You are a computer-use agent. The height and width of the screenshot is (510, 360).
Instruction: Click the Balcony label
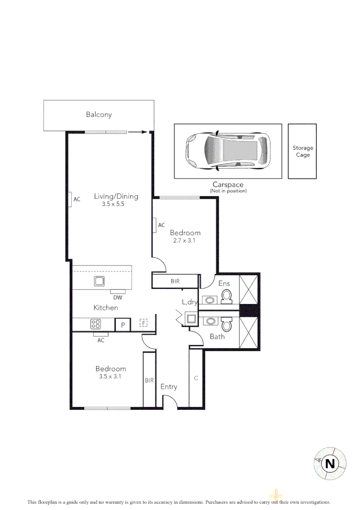click(99, 114)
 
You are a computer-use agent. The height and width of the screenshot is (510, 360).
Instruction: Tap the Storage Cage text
click(302, 152)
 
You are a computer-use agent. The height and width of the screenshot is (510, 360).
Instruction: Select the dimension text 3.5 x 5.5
click(112, 205)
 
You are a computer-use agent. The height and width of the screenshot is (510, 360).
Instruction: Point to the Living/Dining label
click(116, 196)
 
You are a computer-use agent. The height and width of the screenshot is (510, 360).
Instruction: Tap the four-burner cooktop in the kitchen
click(96, 324)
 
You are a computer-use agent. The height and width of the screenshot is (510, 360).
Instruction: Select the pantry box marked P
click(123, 324)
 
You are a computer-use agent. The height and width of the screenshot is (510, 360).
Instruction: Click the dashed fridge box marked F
click(144, 323)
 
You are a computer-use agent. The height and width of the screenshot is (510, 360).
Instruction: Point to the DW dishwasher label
click(118, 297)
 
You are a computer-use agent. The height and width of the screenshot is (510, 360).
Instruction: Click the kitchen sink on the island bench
click(99, 281)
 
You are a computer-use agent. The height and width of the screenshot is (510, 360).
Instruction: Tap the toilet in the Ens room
click(227, 296)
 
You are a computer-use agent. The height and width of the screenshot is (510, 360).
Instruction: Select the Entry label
click(168, 387)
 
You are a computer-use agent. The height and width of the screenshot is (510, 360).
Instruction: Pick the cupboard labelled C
click(196, 378)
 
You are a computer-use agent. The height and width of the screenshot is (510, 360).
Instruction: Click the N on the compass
click(330, 464)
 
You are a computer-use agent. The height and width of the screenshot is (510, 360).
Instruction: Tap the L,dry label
click(189, 302)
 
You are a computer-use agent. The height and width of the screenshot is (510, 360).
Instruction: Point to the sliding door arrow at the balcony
click(137, 132)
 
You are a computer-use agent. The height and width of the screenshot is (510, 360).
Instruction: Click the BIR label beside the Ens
click(175, 281)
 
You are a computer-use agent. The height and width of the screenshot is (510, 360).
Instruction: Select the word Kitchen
click(106, 307)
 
